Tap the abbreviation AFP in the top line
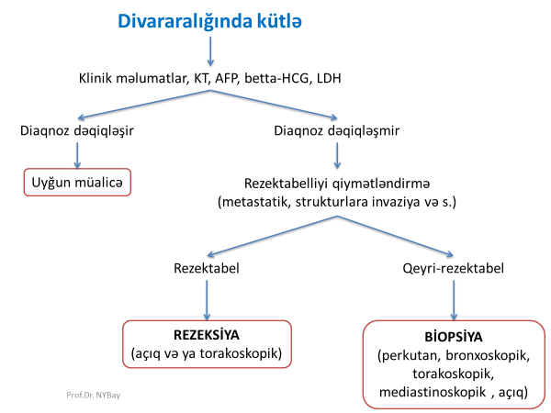(225, 80)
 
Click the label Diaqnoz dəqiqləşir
(77, 130)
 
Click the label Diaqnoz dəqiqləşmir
(339, 130)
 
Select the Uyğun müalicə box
(77, 183)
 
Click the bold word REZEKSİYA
(207, 336)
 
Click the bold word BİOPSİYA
(455, 335)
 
